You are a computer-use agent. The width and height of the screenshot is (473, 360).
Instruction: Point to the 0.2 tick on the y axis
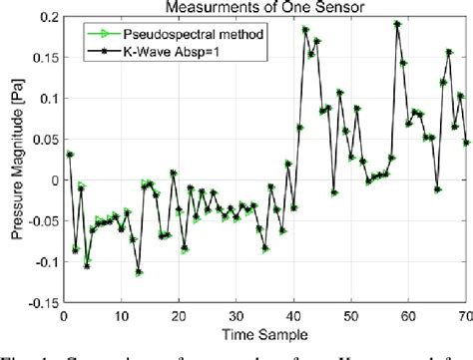point(44,17)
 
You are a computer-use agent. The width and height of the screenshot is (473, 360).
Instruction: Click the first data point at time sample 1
point(70,155)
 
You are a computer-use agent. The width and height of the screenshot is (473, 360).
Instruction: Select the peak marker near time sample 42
point(305,30)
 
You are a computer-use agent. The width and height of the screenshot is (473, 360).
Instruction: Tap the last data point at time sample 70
point(466,142)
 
